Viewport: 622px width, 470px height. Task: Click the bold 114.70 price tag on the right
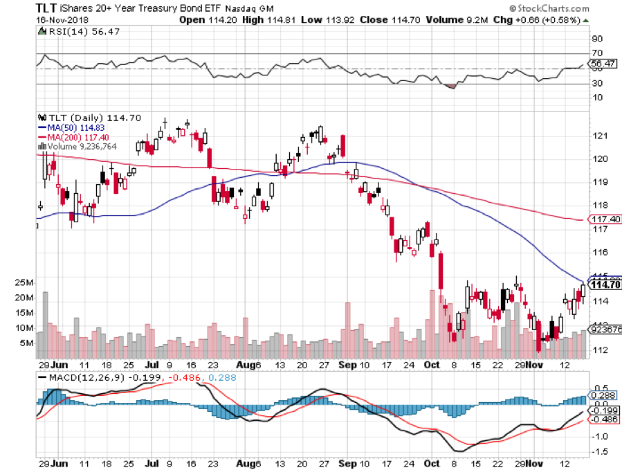[605, 284]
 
